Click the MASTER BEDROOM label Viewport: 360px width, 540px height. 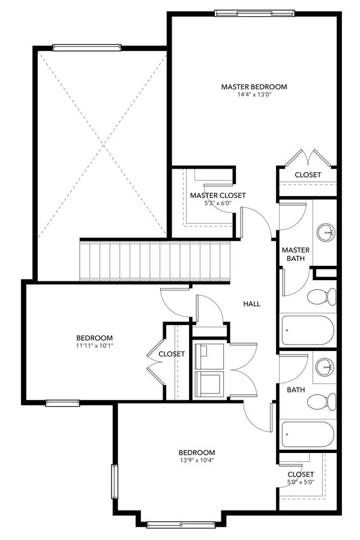(x=254, y=87)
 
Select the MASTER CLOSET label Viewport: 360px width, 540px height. (x=218, y=196)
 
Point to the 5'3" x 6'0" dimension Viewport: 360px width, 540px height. (x=218, y=204)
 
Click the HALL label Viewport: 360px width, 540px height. (x=251, y=304)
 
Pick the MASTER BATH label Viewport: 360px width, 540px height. (x=295, y=254)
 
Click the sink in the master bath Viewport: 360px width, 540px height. (x=326, y=230)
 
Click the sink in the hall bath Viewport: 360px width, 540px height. (x=326, y=365)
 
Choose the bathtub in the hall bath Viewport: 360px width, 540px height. (x=307, y=434)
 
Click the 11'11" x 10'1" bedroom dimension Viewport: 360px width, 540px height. (x=94, y=346)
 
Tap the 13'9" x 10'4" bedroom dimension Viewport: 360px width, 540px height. (x=196, y=461)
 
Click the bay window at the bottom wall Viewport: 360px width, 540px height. (x=180, y=525)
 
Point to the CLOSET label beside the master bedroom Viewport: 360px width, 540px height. (x=307, y=175)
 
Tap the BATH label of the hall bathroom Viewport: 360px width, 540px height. (x=295, y=390)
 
